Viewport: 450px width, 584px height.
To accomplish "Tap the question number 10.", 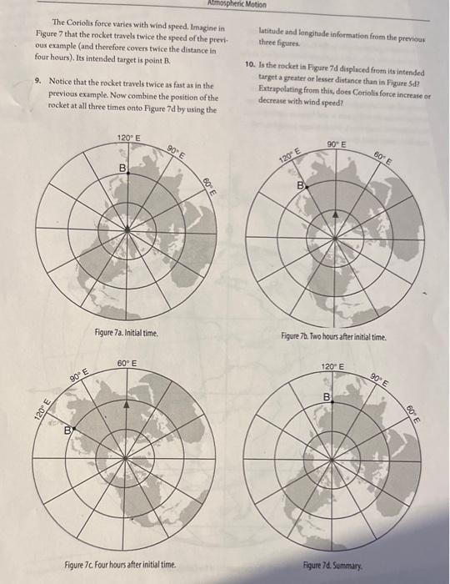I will click(x=251, y=63).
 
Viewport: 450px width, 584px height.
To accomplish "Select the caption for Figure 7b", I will click(x=332, y=338).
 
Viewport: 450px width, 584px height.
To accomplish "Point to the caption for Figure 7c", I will click(x=120, y=565).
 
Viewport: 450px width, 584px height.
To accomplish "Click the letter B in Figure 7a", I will click(x=122, y=170).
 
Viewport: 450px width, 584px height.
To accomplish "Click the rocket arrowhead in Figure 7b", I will click(x=336, y=215).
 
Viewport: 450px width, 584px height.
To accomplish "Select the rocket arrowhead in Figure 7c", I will click(x=126, y=403).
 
